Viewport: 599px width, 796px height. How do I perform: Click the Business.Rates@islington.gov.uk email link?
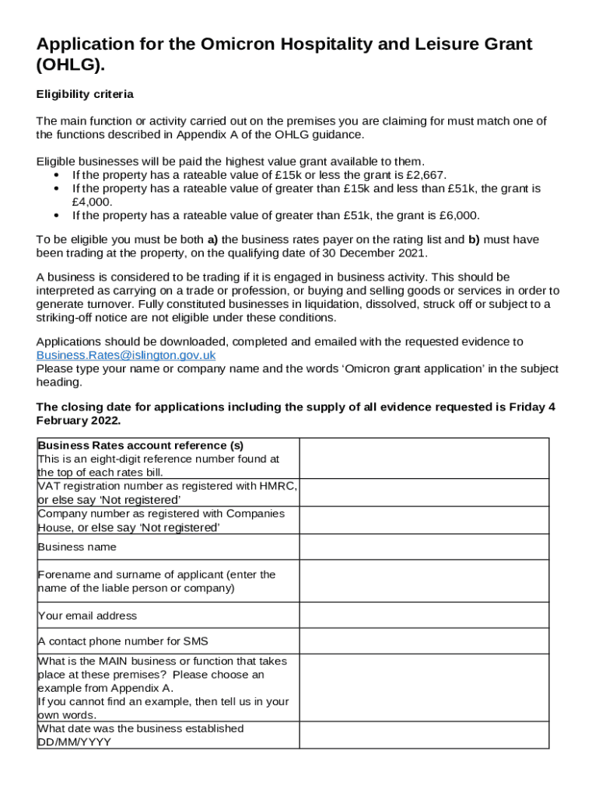(x=126, y=355)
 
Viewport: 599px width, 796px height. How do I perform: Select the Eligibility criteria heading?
(x=85, y=94)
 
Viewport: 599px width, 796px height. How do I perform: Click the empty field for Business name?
(x=424, y=547)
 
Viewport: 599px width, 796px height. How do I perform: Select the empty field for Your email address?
(x=424, y=616)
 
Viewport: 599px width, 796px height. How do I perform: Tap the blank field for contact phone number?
(x=424, y=641)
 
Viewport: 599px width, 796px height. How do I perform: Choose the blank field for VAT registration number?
(x=424, y=492)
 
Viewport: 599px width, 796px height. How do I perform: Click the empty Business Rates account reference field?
(x=424, y=458)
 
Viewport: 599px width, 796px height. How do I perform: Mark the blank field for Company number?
(x=424, y=520)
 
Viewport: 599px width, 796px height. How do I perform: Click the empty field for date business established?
(x=424, y=735)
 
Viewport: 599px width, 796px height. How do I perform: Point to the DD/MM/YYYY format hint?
(x=75, y=742)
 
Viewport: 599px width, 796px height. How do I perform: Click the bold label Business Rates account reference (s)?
(x=141, y=445)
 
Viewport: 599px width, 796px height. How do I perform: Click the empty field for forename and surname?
(x=424, y=581)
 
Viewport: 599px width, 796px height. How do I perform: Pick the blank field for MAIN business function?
(x=424, y=688)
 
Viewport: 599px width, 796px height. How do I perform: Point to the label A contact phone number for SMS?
(x=123, y=641)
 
